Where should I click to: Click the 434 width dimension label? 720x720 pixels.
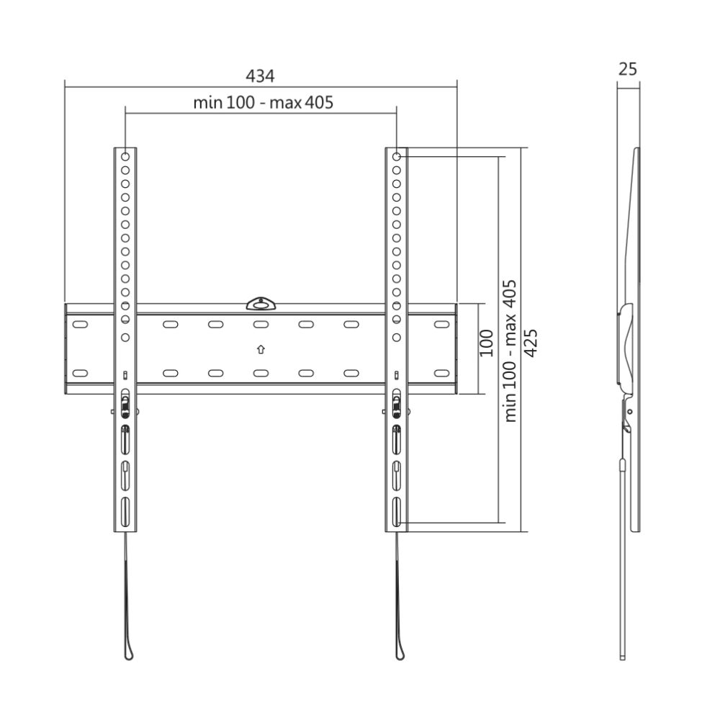click(x=261, y=75)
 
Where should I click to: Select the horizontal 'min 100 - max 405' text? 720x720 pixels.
click(x=263, y=102)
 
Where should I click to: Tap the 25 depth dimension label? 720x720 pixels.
click(x=627, y=69)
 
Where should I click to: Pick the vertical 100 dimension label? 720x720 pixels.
click(x=487, y=342)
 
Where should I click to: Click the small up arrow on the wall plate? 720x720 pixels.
click(x=261, y=350)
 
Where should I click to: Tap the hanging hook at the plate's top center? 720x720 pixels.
click(x=261, y=304)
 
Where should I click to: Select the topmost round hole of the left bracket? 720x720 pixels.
click(x=125, y=156)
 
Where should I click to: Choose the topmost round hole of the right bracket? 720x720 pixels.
click(x=397, y=156)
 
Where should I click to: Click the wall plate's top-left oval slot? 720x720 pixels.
click(x=80, y=325)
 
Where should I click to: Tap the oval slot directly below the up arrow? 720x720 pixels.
click(x=261, y=373)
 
